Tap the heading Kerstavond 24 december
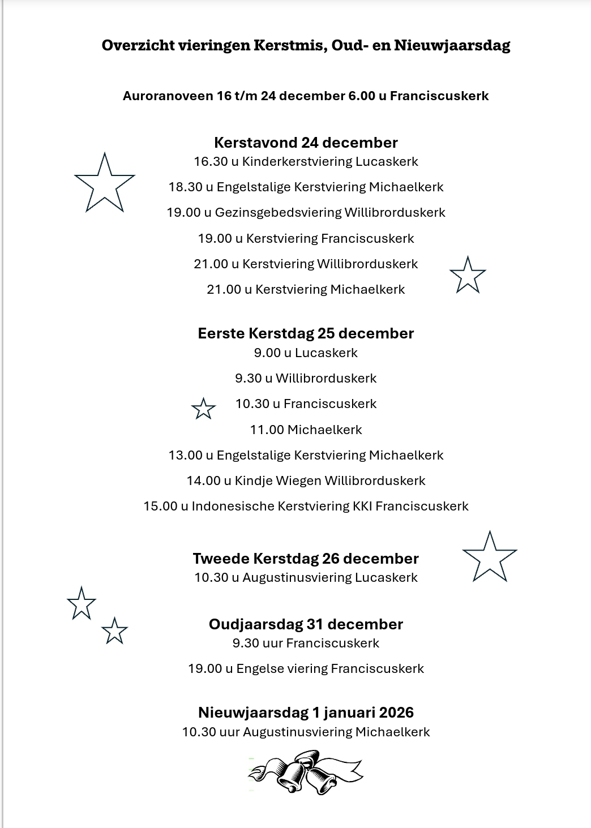(306, 143)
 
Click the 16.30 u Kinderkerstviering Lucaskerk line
(306, 162)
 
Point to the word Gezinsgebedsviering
(279, 213)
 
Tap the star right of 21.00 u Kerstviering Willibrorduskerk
(468, 276)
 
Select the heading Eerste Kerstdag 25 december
(306, 333)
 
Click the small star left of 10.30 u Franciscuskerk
(203, 408)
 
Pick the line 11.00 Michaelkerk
(306, 430)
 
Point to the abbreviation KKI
(362, 507)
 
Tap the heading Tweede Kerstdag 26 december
(306, 559)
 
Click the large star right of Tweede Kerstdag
(490, 558)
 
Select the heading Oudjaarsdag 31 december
(306, 624)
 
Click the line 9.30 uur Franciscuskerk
(306, 643)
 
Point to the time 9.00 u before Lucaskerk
(272, 353)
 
